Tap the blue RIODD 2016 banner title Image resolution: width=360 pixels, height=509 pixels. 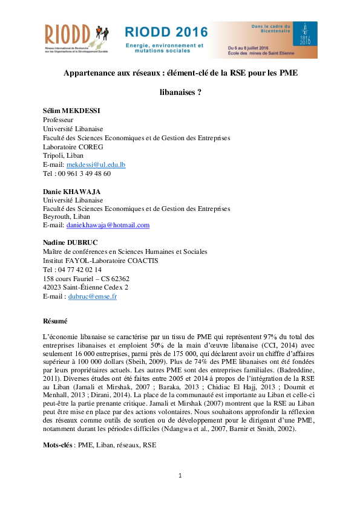[x=166, y=32]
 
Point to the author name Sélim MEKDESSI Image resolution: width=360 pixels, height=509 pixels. [x=71, y=112]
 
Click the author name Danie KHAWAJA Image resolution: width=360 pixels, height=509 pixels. [x=72, y=191]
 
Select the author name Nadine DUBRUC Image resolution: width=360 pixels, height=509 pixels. [x=70, y=243]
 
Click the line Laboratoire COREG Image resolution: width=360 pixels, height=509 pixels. [x=73, y=147]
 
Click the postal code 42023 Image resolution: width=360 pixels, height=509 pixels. [x=53, y=288]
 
